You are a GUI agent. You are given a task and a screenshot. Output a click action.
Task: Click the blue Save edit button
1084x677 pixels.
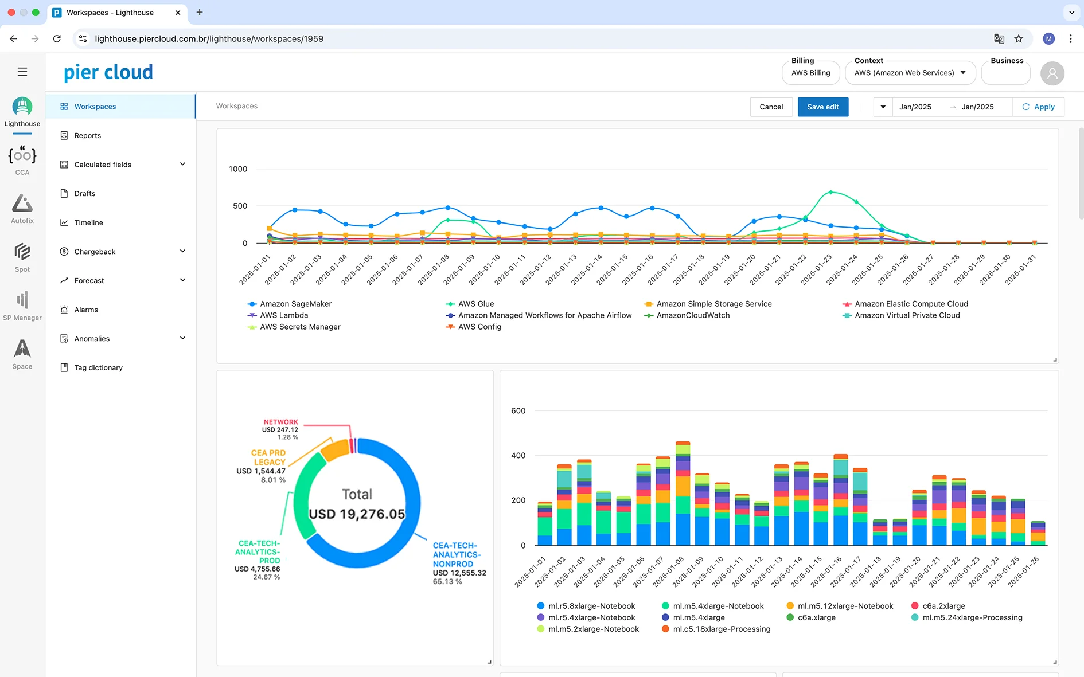point(822,107)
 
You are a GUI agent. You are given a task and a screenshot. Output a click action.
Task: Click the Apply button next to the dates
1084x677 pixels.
point(1038,107)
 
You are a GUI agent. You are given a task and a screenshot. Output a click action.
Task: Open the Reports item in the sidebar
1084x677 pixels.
point(88,136)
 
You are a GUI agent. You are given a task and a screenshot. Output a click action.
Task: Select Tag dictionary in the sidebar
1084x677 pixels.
point(98,368)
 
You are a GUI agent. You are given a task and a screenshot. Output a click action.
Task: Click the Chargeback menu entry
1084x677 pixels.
point(95,252)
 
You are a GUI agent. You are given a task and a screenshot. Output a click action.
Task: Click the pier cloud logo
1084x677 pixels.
point(108,72)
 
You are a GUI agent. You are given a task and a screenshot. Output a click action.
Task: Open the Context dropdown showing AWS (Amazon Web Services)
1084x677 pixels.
point(910,73)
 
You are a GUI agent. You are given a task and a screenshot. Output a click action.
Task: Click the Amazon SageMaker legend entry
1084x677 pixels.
point(295,304)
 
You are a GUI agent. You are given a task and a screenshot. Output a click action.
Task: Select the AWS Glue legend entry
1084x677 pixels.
point(475,304)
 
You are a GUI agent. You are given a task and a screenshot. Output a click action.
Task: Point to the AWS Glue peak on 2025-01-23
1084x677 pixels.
point(830,192)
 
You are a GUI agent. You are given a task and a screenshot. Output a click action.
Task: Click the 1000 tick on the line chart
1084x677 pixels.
point(237,169)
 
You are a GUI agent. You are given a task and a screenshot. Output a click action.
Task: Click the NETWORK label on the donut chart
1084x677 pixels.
point(280,422)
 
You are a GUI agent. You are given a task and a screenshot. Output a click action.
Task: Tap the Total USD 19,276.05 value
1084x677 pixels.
point(357,514)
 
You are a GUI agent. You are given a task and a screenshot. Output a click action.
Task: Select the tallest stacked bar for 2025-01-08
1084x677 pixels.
point(683,493)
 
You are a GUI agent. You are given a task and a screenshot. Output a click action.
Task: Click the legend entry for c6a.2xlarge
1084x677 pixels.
point(943,606)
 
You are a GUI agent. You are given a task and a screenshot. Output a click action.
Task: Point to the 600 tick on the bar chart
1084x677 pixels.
point(518,411)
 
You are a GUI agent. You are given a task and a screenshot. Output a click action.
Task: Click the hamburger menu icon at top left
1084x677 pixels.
point(22,72)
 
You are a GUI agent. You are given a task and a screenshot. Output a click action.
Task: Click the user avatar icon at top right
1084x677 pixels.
point(1052,73)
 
